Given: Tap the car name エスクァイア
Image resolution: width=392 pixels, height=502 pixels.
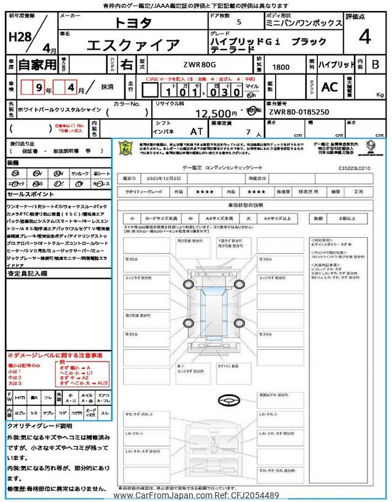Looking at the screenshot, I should click(x=134, y=45).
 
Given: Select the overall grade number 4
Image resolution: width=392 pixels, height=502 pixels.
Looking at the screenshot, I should click(x=365, y=37).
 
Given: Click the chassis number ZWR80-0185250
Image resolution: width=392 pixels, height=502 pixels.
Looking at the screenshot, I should click(x=298, y=113).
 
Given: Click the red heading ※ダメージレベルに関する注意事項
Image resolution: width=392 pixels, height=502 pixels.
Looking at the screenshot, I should click(x=55, y=356).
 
